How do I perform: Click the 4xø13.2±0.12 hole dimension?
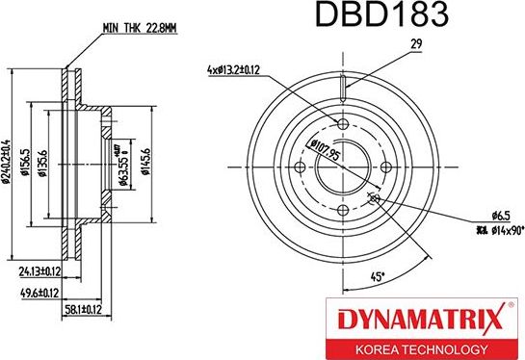point(246,69)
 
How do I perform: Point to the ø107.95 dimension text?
point(323,153)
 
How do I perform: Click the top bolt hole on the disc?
point(344,124)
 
